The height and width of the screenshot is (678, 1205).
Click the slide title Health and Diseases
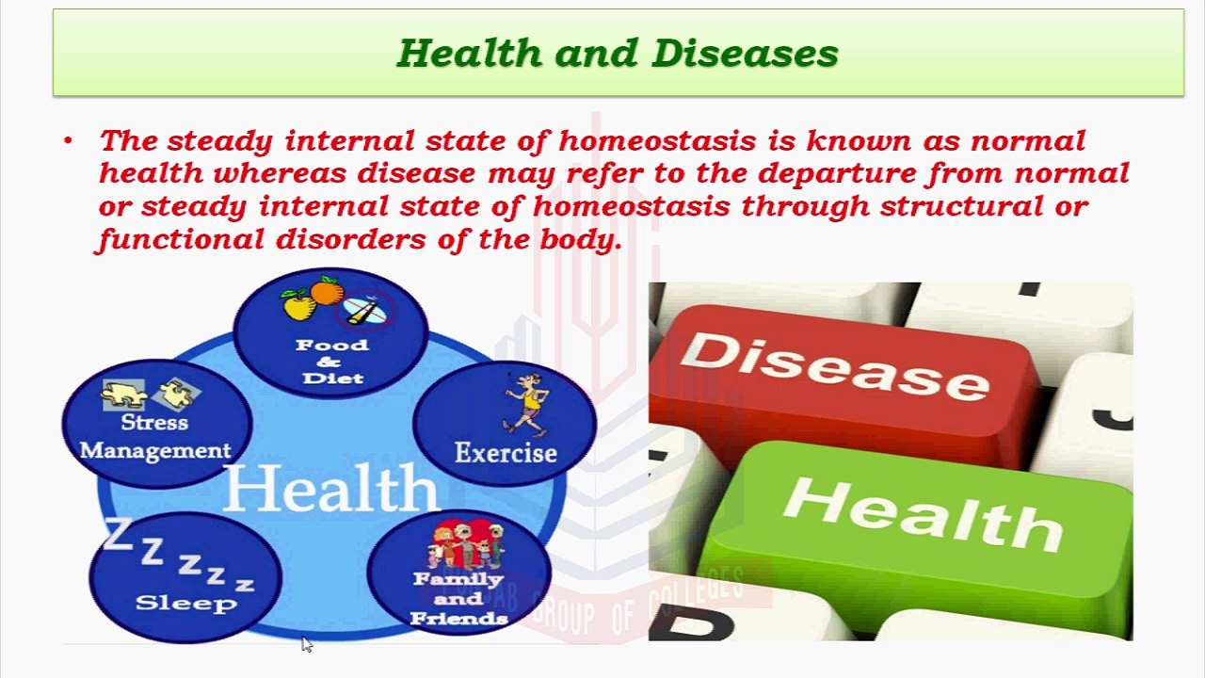pos(618,54)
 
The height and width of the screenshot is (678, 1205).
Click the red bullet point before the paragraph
pos(68,142)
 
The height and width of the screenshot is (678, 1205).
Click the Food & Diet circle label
pos(331,361)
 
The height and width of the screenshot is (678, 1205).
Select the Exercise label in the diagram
pos(506,453)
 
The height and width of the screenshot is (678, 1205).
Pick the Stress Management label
pos(155,437)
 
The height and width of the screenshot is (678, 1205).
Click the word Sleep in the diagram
pos(185,603)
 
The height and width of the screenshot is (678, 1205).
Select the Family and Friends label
pos(458,599)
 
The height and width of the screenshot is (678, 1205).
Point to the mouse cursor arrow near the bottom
pos(306,644)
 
